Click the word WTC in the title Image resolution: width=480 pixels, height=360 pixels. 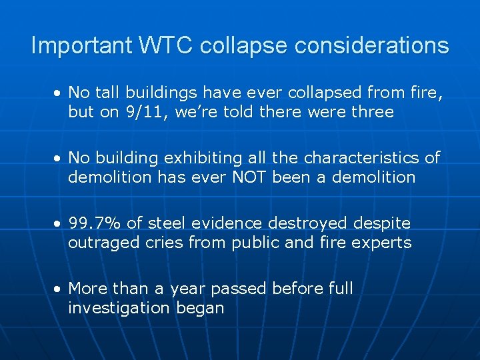(167, 46)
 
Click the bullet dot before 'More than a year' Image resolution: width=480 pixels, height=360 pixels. (59, 289)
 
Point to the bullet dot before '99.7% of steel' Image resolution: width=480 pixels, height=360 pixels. (59, 223)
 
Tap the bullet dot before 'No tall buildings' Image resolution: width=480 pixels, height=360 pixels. (59, 93)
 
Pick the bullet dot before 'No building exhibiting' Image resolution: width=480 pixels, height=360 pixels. (59, 158)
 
